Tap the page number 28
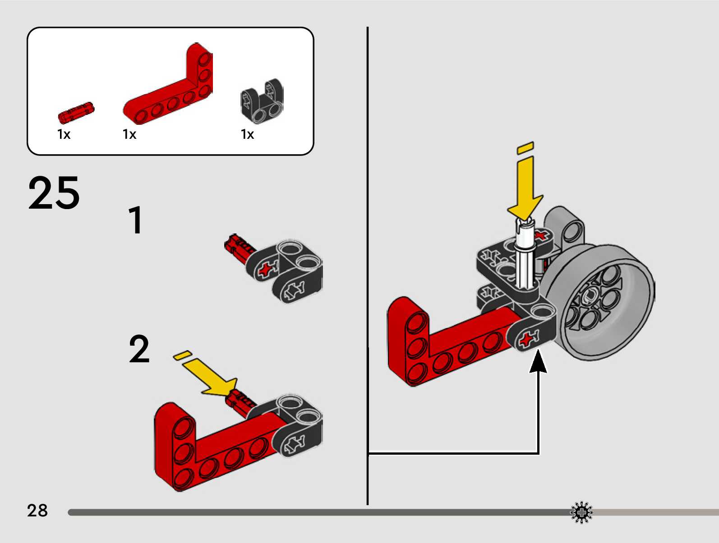coord(37,511)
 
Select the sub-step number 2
coord(139,349)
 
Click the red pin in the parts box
coord(76,113)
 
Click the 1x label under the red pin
coord(64,134)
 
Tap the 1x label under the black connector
coord(247,134)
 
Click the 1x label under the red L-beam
coord(129,134)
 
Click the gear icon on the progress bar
coord(581,512)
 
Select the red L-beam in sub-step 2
coord(203,451)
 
